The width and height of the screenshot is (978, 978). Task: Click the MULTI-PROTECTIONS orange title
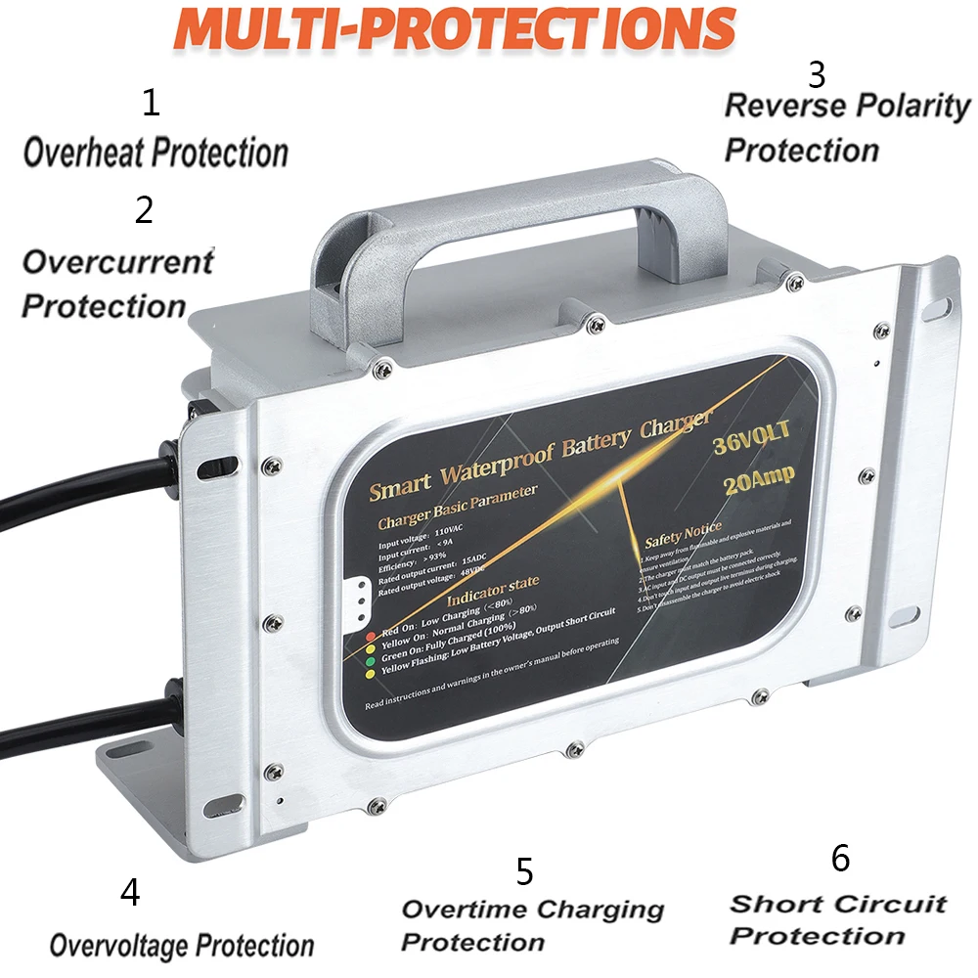[454, 28]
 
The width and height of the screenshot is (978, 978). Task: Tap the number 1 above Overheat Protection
[150, 102]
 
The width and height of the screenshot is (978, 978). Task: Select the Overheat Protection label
[156, 153]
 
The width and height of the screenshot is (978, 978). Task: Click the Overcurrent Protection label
[116, 284]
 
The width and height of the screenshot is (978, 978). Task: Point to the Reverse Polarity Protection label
[847, 128]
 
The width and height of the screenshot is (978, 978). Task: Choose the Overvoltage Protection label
[182, 946]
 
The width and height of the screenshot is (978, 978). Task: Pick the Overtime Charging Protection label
[532, 925]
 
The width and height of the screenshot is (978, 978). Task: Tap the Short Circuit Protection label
[837, 919]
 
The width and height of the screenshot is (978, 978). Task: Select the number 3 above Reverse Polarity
[816, 74]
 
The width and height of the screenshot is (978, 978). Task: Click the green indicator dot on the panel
[370, 662]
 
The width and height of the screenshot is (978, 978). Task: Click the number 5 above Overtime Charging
[524, 870]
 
